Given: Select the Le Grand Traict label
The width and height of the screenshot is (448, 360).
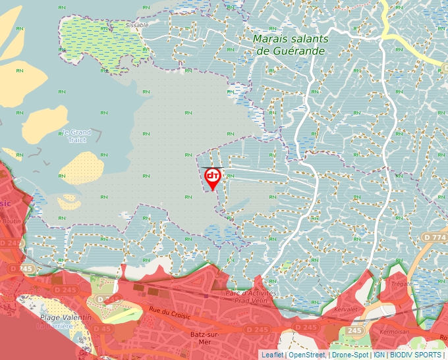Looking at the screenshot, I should tap(77, 135).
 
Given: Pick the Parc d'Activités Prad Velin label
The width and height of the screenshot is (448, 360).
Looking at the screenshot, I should tap(252, 297).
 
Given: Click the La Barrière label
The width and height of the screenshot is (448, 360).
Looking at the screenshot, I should tap(56, 325).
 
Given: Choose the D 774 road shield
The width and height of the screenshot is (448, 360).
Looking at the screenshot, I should tap(435, 236).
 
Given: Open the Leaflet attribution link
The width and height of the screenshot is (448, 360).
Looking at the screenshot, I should tap(272, 355).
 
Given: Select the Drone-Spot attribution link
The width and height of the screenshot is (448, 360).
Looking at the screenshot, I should tap(350, 355).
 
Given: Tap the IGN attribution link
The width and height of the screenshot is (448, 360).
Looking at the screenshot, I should tap(379, 355).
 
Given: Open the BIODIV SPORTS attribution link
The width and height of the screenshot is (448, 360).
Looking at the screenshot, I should tap(416, 355).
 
